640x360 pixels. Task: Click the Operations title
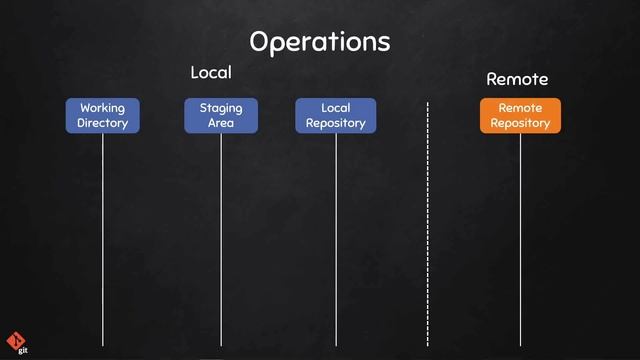pos(319,42)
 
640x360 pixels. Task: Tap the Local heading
pos(211,73)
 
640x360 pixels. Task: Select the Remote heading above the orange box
pos(517,78)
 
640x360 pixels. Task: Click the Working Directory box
pos(103,116)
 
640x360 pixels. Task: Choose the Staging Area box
pos(221,116)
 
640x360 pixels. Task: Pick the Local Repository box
pos(335,116)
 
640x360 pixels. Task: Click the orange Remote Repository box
pos(520,116)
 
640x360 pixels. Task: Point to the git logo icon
pos(16,340)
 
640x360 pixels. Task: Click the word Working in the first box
pos(103,108)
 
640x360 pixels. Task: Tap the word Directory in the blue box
pos(103,124)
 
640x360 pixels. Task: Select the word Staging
pos(221,108)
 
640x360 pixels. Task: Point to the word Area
pos(221,124)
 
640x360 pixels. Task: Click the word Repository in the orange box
pos(520,124)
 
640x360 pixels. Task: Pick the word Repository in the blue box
pos(335,124)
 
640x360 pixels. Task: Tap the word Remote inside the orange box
pos(520,108)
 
